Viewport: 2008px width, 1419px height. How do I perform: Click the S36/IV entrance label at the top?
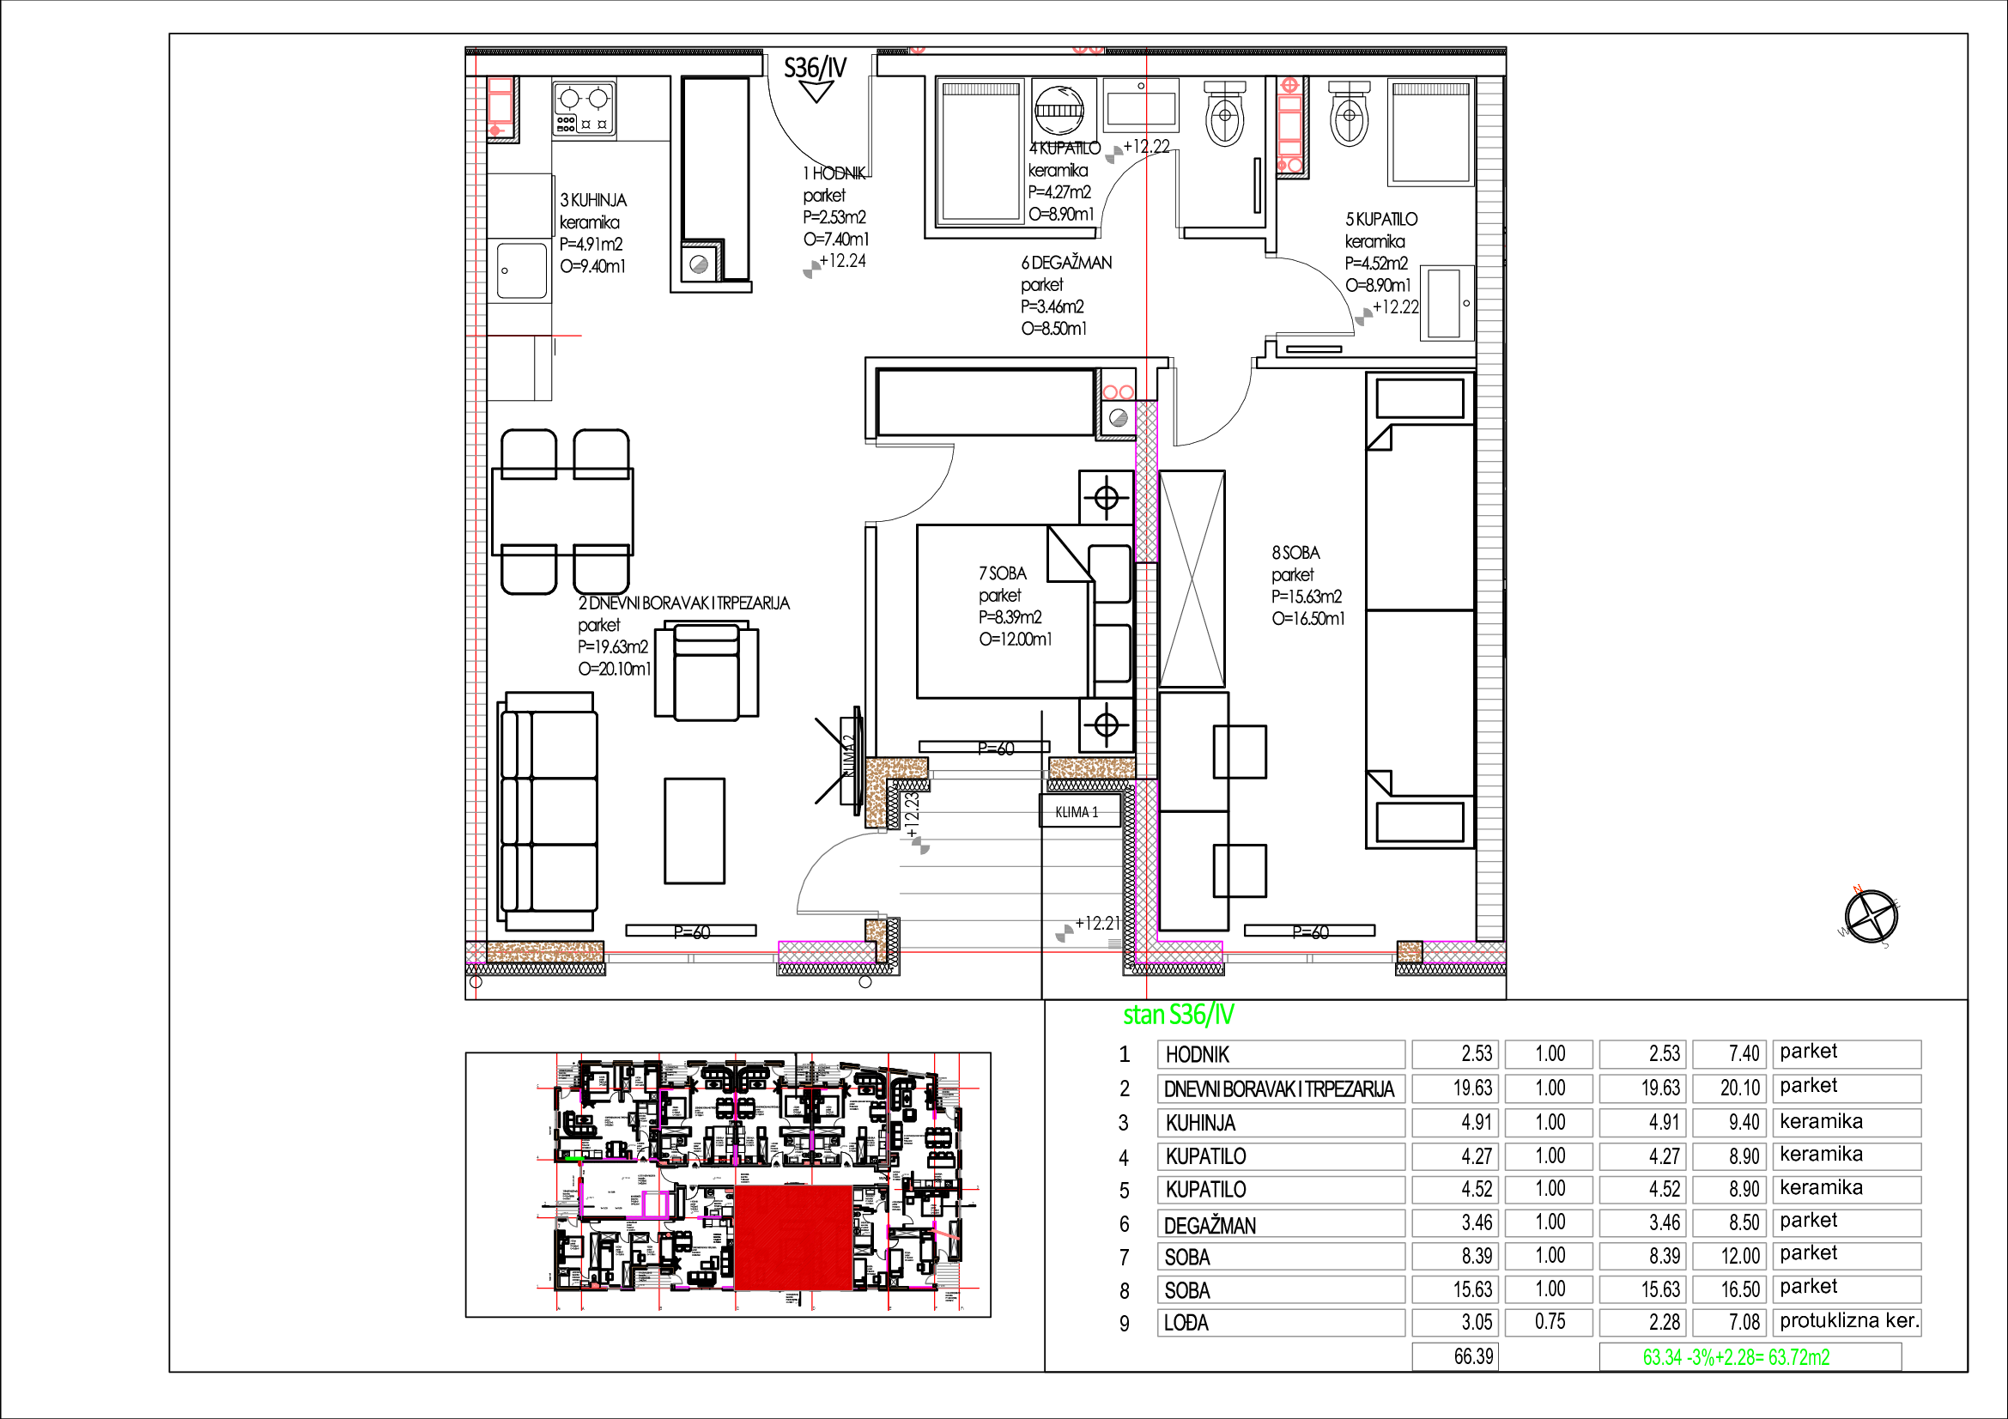coord(815,68)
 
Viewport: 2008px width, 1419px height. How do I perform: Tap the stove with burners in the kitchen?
coord(583,107)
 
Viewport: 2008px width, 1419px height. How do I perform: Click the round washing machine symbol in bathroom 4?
coord(1059,109)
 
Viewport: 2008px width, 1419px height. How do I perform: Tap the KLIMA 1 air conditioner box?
coord(1077,811)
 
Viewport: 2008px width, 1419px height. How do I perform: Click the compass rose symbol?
coord(1872,916)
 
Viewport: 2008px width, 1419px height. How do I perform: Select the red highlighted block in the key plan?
coord(792,1236)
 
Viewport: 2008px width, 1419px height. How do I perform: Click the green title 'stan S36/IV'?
coord(1178,1015)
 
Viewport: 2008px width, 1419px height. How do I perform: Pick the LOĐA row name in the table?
coord(1186,1323)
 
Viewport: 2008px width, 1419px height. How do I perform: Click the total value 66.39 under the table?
coord(1474,1356)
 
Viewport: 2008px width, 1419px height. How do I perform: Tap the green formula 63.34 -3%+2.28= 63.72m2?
coord(1736,1357)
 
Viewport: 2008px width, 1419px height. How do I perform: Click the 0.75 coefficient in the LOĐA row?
coord(1550,1322)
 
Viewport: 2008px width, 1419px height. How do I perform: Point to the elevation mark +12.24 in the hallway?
coord(842,261)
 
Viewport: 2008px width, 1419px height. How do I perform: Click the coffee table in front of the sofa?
coord(695,831)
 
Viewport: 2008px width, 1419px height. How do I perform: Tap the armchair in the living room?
coord(706,670)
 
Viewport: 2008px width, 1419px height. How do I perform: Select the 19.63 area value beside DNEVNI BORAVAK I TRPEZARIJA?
coord(1473,1089)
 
